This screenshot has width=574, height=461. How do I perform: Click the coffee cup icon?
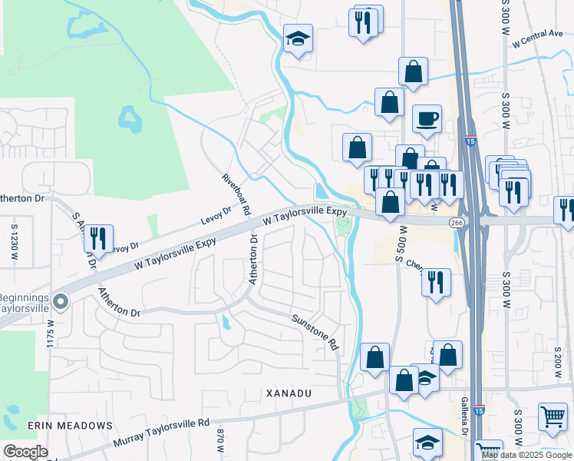click(x=427, y=119)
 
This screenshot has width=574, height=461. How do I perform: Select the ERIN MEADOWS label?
click(x=70, y=425)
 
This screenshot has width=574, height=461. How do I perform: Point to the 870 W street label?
click(x=220, y=443)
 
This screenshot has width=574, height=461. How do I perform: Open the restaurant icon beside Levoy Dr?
click(x=98, y=238)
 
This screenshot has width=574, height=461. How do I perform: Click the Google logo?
click(x=25, y=452)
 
